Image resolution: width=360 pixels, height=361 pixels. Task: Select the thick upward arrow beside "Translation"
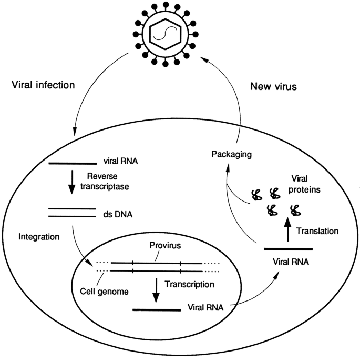(x=286, y=229)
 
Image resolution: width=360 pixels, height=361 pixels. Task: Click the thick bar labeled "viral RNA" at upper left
(x=72, y=163)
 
